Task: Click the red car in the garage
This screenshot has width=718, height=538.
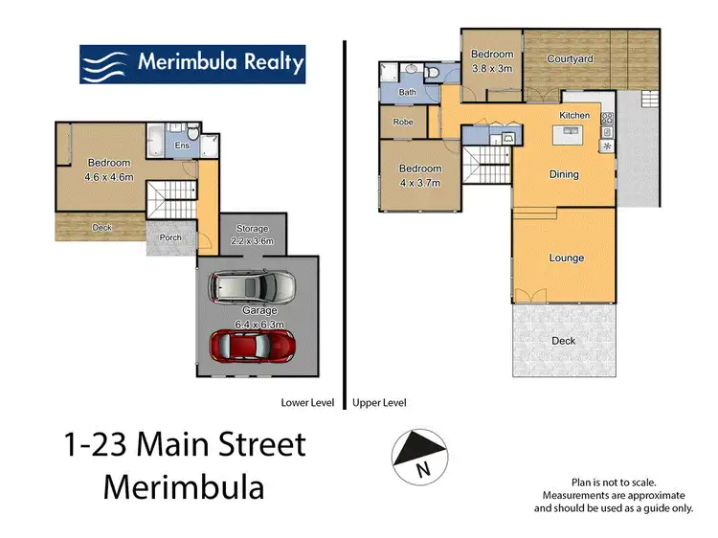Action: (x=253, y=344)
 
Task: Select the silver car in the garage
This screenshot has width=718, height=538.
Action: (x=253, y=287)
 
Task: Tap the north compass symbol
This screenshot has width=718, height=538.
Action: (x=418, y=452)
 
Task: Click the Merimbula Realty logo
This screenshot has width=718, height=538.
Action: (x=193, y=62)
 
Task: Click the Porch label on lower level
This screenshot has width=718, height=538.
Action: (x=171, y=238)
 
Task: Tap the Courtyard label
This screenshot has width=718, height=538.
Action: (x=570, y=59)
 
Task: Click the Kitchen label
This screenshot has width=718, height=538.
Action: (x=574, y=116)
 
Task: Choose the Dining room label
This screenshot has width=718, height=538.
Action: (x=563, y=174)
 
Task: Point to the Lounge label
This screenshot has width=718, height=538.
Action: (x=566, y=258)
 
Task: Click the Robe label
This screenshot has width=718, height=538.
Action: (x=402, y=123)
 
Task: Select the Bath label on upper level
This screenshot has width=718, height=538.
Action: (x=407, y=93)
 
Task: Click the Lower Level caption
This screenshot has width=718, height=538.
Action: (x=306, y=403)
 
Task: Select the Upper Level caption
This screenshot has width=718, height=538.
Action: (x=380, y=403)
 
